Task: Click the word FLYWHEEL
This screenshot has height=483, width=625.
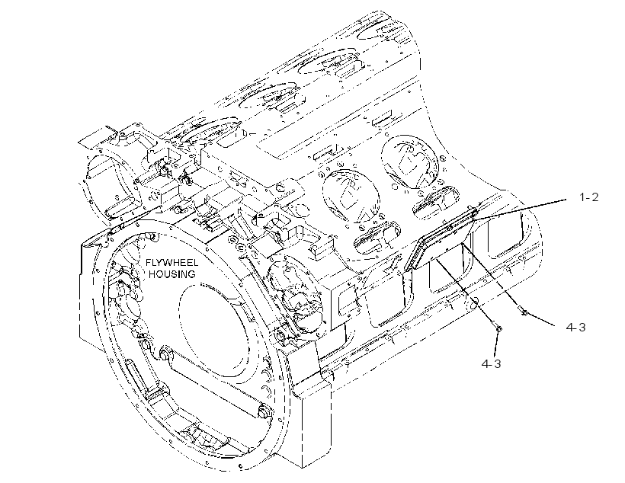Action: tap(171, 263)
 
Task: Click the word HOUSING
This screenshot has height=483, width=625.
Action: tap(172, 274)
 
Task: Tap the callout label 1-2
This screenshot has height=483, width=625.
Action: tap(588, 197)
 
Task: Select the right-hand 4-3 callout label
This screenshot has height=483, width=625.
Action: tap(575, 327)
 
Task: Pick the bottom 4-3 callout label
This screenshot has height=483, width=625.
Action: tap(491, 363)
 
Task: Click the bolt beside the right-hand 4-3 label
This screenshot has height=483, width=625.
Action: tap(523, 310)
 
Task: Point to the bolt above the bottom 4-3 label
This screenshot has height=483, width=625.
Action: tap(497, 328)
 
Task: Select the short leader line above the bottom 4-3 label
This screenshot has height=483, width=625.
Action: tap(496, 344)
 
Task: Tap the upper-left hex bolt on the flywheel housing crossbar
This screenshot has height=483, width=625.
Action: tap(162, 353)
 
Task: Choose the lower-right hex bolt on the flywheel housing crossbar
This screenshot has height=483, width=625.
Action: tap(264, 411)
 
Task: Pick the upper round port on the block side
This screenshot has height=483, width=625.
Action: tap(410, 162)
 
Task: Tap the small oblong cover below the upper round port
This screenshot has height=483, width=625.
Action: tap(436, 200)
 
